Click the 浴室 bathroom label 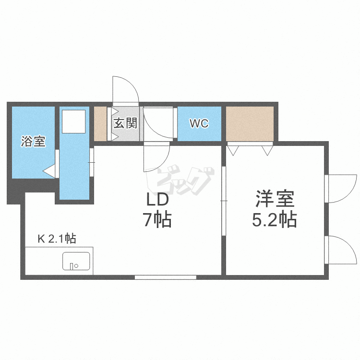tap(33, 142)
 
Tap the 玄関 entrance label tap(126, 123)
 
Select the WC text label tap(199, 123)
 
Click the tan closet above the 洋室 tap(250, 123)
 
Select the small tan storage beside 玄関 tap(100, 123)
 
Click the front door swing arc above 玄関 tap(126, 89)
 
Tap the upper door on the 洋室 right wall tap(340, 188)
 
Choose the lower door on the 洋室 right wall tap(340, 250)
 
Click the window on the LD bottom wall tap(165, 277)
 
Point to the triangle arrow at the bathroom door tap(49, 170)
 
